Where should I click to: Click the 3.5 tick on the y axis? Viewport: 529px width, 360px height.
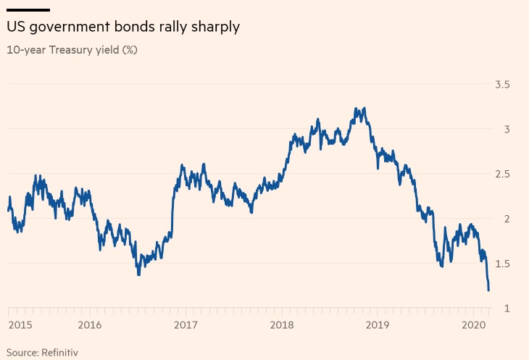click(x=501, y=85)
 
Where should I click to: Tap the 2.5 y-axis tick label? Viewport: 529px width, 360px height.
click(x=501, y=175)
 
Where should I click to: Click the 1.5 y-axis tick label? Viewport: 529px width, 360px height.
click(x=501, y=264)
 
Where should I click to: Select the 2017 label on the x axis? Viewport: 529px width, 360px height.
click(x=186, y=326)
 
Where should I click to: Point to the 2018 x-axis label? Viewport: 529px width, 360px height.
click(x=282, y=326)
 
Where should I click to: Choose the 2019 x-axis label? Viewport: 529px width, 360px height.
click(x=378, y=326)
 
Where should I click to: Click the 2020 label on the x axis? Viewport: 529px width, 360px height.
click(x=473, y=326)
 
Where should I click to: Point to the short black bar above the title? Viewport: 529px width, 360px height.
click(x=28, y=10)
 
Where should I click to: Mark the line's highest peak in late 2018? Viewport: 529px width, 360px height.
click(x=355, y=109)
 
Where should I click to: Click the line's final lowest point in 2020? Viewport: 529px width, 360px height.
click(x=488, y=290)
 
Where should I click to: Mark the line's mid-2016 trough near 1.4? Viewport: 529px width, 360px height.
click(x=138, y=274)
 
